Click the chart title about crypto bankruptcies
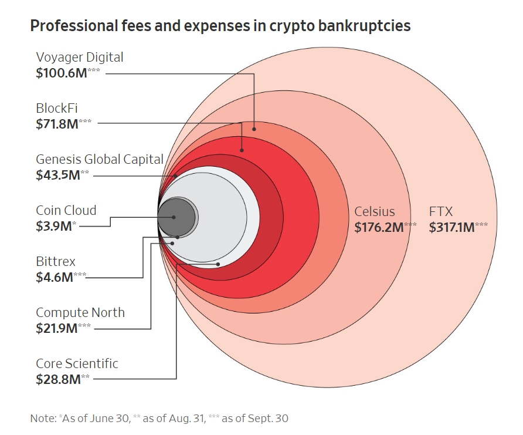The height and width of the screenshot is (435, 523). click(x=220, y=26)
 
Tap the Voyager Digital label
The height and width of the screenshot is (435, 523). click(x=80, y=58)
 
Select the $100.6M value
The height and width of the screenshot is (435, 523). click(x=60, y=73)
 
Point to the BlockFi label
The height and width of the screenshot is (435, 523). click(x=57, y=108)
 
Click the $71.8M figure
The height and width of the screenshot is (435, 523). click(x=57, y=124)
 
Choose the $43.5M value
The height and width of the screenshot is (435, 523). click(x=57, y=175)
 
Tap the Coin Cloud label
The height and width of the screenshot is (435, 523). click(x=66, y=210)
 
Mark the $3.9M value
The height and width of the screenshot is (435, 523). click(x=53, y=226)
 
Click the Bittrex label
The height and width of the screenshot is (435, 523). click(x=56, y=261)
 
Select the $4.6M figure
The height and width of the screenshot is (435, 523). click(x=54, y=277)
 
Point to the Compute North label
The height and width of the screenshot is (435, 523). click(x=80, y=312)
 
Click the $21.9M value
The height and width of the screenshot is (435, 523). click(x=57, y=328)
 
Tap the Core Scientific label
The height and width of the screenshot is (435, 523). click(x=77, y=363)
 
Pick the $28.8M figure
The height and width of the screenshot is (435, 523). click(x=57, y=379)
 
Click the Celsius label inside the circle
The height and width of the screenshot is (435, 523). click(x=375, y=212)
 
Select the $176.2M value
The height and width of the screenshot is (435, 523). click(x=379, y=227)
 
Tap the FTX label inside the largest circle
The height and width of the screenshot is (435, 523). click(x=441, y=212)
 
